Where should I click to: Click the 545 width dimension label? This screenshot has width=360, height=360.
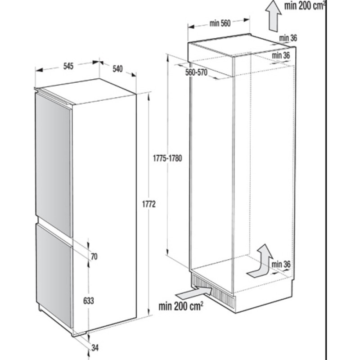[68, 67]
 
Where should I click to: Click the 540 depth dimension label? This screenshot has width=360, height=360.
[117, 69]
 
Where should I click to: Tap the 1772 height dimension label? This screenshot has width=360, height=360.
[149, 205]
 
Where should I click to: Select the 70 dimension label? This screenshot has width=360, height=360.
[94, 257]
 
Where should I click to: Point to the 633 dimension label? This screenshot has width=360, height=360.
[88, 301]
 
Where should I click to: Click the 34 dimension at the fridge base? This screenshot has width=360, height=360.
[94, 347]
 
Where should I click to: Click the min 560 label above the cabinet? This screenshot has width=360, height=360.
[220, 24]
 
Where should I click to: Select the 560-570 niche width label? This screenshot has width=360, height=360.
[196, 73]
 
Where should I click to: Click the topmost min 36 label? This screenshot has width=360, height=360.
[288, 38]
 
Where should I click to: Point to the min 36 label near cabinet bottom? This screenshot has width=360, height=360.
[283, 264]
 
